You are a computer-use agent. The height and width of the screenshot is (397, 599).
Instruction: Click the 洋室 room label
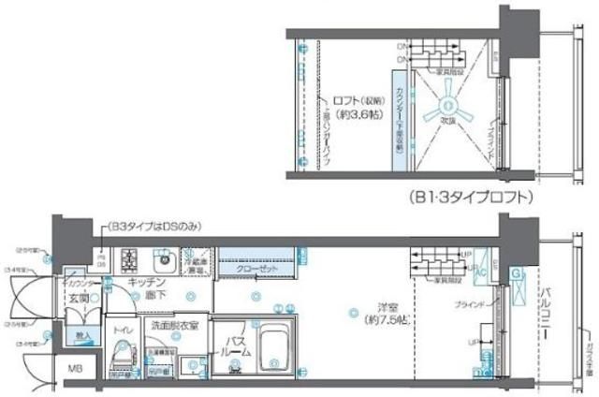pyautogui.click(x=377, y=311)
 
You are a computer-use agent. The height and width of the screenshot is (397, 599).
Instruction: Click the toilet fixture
pyautogui.click(x=121, y=354)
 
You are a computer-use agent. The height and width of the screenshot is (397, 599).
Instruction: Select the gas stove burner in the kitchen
pyautogui.click(x=128, y=257)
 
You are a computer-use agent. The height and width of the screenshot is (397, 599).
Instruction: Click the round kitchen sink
pyautogui.click(x=160, y=257)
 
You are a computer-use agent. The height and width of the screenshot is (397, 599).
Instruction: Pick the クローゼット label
pyautogui.click(x=256, y=268)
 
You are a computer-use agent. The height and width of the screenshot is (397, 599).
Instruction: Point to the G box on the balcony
pyautogui.click(x=516, y=273)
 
